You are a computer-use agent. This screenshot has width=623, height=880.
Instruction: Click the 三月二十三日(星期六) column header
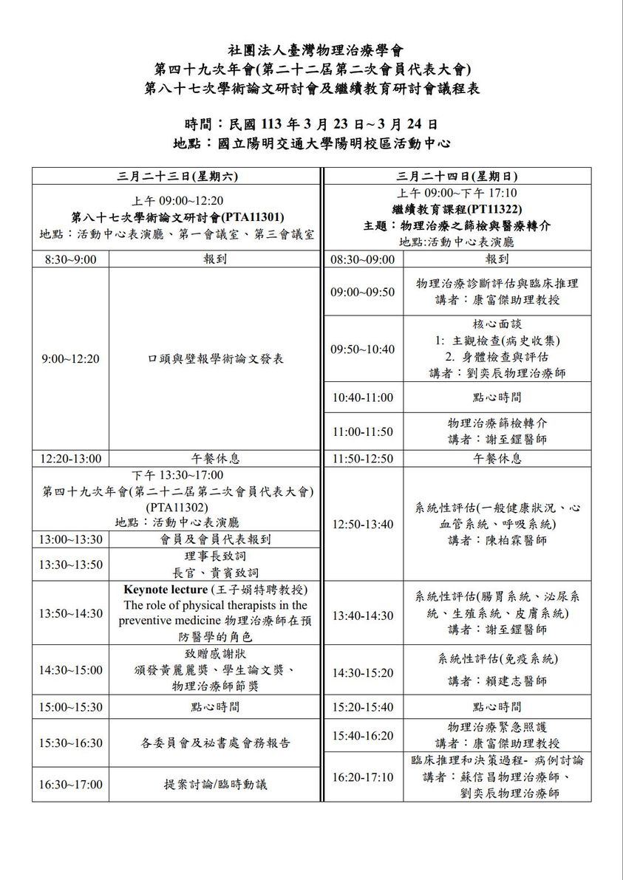176,177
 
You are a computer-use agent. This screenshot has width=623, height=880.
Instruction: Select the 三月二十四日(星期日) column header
457,177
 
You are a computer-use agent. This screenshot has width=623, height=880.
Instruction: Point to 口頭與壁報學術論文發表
215,358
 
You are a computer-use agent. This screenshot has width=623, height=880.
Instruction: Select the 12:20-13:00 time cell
71,458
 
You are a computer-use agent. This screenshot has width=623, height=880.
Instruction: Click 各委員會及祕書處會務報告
215,743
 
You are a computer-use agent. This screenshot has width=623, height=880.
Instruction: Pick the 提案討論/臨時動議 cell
215,785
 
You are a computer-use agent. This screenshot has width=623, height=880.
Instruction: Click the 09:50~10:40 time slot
363,349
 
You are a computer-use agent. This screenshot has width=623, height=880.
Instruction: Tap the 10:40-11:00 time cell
363,397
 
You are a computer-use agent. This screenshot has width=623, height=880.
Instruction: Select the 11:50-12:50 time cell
363,458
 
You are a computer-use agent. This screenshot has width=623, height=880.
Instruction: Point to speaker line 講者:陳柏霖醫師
497,540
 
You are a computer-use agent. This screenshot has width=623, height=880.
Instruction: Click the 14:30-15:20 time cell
363,672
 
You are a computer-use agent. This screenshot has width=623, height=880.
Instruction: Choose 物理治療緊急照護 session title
497,728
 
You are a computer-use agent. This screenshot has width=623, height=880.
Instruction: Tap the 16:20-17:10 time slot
363,777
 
